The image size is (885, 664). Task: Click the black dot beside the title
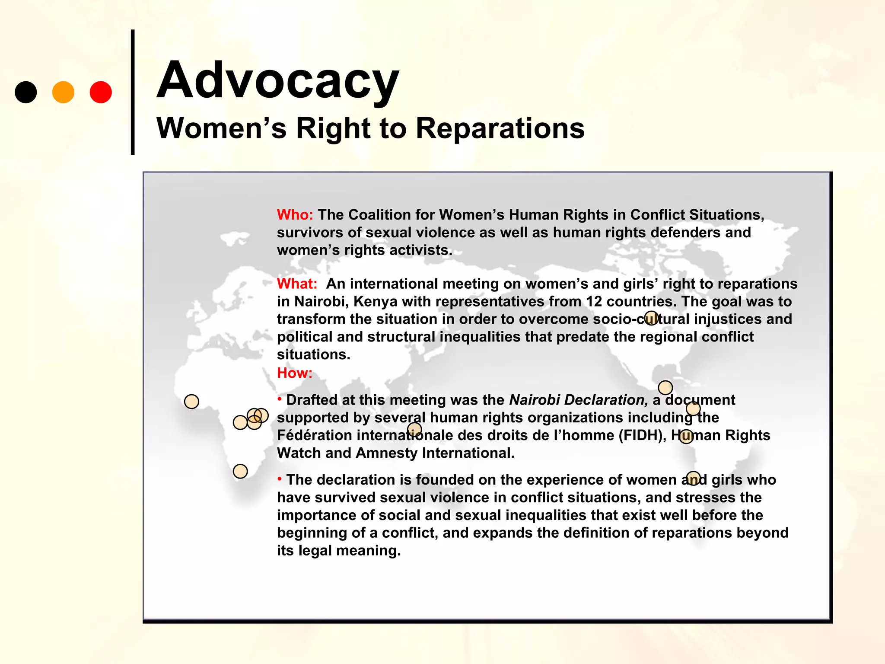(26, 92)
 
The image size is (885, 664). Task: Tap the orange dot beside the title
(63, 92)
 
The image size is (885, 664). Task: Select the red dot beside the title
(101, 92)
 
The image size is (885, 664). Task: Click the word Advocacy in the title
(277, 81)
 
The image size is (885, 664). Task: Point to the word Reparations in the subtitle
(500, 128)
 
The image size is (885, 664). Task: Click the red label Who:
(295, 215)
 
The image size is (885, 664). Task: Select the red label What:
(297, 284)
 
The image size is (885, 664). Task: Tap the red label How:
(294, 373)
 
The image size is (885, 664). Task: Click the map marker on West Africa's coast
(191, 402)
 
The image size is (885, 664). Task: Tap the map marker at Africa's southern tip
(240, 471)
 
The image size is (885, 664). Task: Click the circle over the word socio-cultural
(651, 318)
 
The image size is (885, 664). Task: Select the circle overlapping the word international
(414, 429)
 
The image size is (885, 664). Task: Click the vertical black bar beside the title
(133, 92)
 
